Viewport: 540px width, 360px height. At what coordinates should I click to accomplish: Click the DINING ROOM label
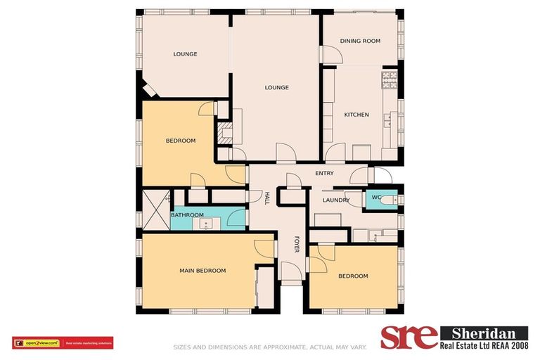360,41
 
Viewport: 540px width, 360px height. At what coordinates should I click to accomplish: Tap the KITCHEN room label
356,115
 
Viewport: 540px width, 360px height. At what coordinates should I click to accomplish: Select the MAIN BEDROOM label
202,271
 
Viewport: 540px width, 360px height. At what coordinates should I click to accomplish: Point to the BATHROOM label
187,214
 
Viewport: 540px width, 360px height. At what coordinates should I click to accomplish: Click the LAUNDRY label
336,200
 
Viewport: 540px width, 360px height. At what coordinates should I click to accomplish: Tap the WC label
376,198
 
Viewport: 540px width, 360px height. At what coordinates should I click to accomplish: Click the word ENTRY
324,173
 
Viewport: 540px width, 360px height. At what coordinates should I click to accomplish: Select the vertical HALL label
266,199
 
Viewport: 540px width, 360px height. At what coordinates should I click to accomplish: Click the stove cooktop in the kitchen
389,79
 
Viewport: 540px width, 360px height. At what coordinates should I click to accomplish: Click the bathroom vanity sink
206,224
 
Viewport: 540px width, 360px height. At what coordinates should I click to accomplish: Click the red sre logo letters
409,337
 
